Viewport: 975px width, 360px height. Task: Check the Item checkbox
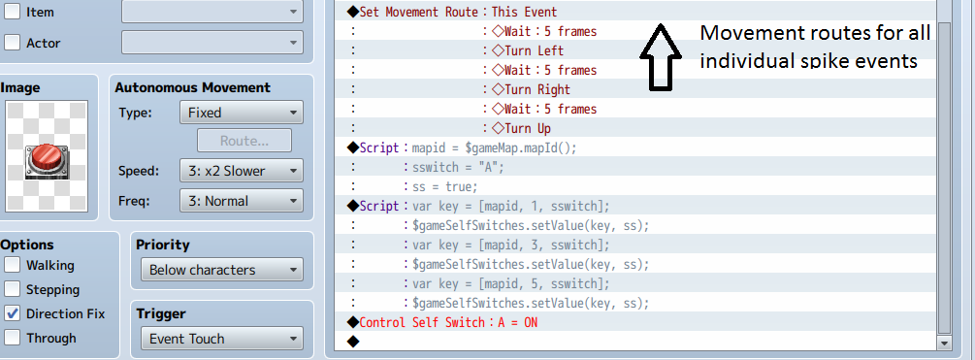point(12,12)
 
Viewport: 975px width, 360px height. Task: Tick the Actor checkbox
point(12,43)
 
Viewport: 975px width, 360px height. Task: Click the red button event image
point(48,160)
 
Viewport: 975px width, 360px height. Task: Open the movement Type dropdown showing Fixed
point(242,113)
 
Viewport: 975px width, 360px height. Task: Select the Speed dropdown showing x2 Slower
point(242,171)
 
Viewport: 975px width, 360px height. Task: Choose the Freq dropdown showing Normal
point(242,201)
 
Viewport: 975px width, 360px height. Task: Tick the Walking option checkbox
point(12,265)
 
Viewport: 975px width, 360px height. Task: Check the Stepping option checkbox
point(12,289)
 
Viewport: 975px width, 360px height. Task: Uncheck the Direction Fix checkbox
point(12,313)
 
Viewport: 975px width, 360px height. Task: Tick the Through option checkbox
point(12,338)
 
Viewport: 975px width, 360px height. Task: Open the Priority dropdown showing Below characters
point(222,270)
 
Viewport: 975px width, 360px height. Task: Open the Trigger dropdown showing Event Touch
point(222,339)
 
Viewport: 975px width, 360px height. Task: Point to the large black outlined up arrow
point(660,57)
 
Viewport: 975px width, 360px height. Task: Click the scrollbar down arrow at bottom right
point(945,343)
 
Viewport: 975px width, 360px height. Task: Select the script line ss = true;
point(445,186)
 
